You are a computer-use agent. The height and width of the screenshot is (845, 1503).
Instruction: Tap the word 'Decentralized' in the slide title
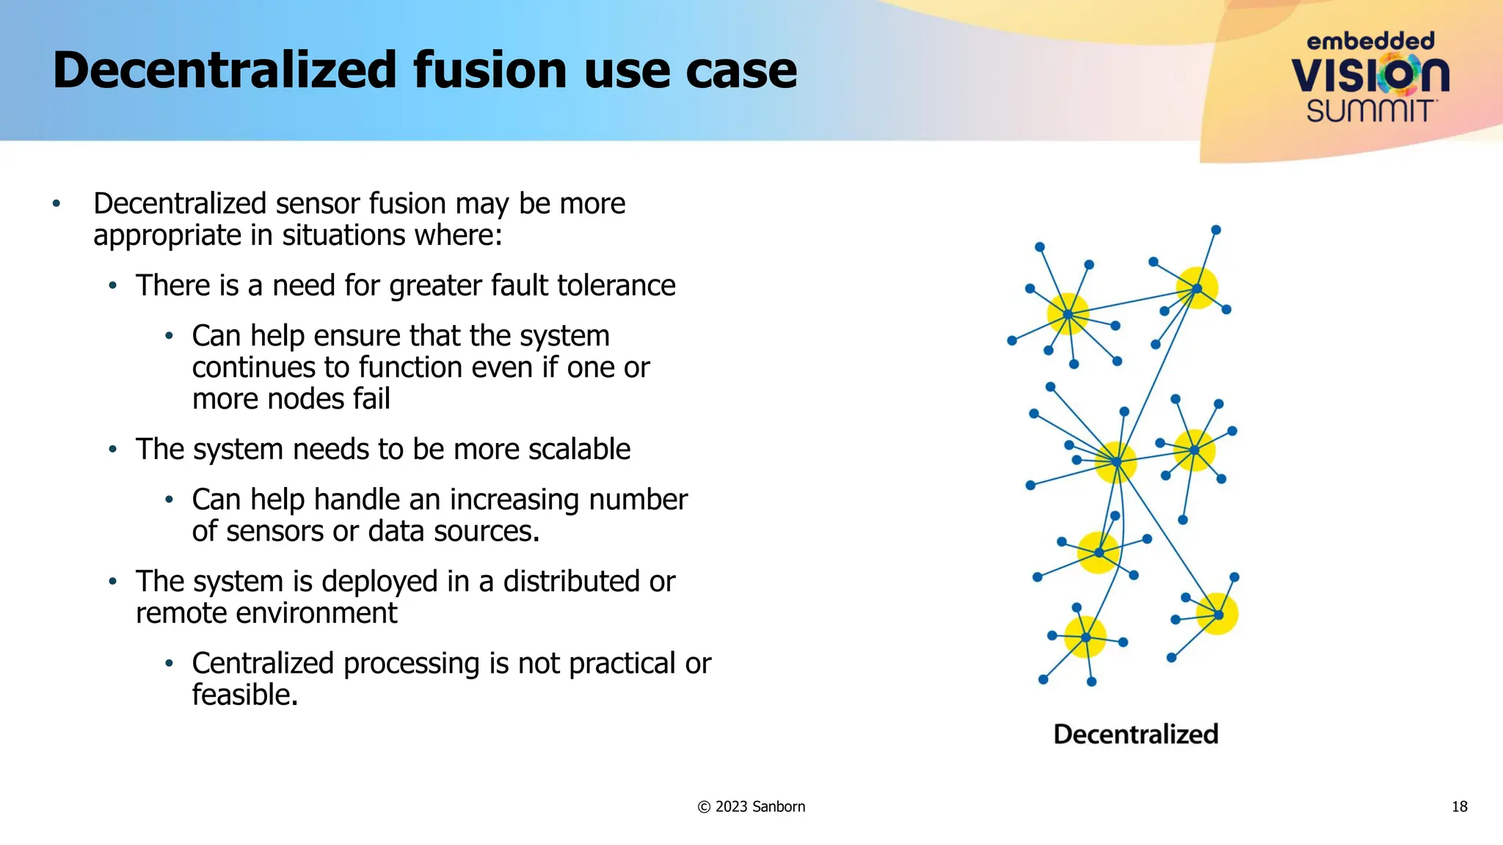click(225, 70)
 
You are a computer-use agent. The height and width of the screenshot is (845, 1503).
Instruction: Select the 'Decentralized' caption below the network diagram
click(1135, 734)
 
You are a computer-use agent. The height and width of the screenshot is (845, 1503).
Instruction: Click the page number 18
click(1459, 807)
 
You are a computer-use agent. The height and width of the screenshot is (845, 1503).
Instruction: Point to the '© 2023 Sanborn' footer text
click(751, 807)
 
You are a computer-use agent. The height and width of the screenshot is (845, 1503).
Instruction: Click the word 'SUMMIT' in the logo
click(1369, 111)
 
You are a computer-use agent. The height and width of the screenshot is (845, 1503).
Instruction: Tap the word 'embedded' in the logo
click(1370, 41)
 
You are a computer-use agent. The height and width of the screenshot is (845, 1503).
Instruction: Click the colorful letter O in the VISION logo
click(1399, 75)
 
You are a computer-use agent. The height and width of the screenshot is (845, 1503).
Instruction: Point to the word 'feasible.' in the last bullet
click(245, 695)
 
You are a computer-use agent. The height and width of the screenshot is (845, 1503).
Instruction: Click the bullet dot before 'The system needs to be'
click(112, 449)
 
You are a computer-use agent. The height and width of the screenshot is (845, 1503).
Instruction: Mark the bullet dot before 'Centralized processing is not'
click(169, 663)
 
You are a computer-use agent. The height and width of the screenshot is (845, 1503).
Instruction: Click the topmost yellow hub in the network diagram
click(1197, 288)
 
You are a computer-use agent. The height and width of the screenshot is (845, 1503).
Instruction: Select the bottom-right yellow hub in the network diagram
click(1218, 614)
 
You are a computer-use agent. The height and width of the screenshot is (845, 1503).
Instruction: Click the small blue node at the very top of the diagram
click(1215, 230)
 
